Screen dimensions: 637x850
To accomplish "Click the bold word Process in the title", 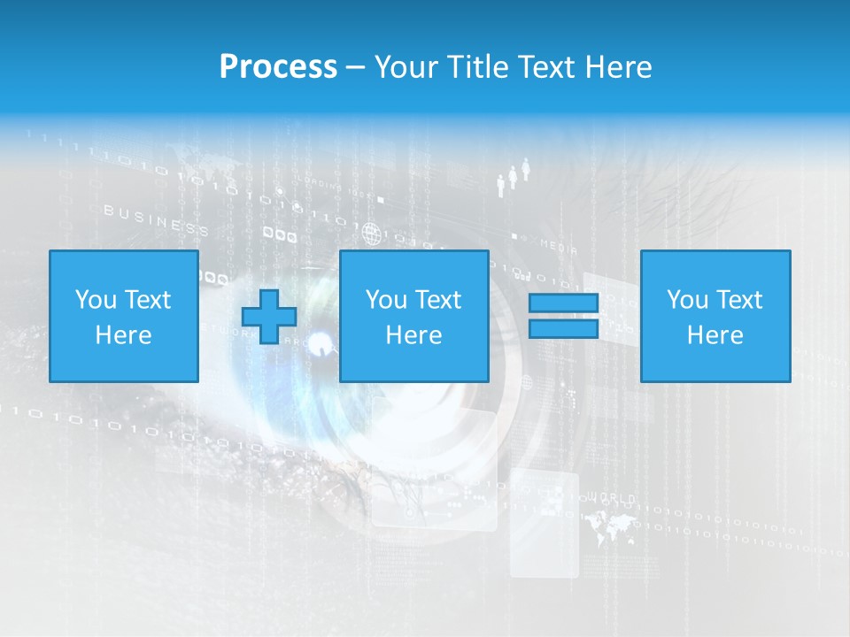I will point(278,67).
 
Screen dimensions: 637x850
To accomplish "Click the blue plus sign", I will point(269,317).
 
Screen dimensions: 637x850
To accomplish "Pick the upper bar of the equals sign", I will point(563,303).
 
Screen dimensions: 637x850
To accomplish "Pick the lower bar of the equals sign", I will point(563,328).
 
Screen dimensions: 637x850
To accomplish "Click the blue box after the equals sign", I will point(715,316).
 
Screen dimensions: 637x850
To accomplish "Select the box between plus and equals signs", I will point(413,316).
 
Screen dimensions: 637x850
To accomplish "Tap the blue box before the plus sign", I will point(123,316).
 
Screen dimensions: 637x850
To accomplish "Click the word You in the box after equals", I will point(686,300).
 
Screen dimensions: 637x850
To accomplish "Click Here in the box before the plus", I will point(123,335).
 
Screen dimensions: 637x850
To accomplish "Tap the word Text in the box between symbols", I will point(437,300).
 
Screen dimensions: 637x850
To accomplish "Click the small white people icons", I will point(513,177).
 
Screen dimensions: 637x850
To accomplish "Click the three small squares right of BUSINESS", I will point(280,235).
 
